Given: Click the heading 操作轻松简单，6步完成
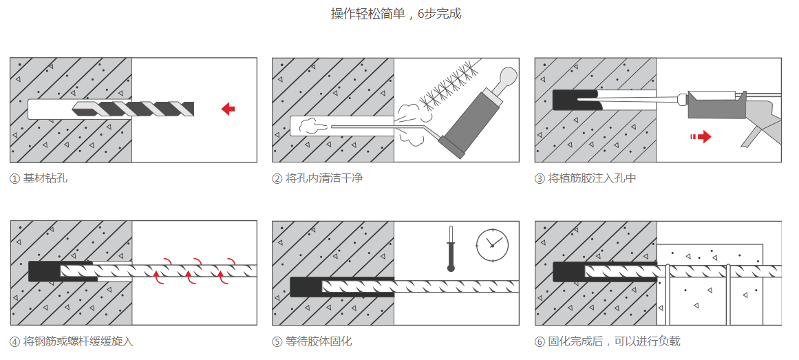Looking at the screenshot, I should pyautogui.click(x=396, y=14).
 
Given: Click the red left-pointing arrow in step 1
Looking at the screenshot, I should pyautogui.click(x=228, y=109).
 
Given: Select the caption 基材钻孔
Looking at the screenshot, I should pyautogui.click(x=45, y=178).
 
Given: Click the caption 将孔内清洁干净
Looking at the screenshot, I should pyautogui.click(x=324, y=178).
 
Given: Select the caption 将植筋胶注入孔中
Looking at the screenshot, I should pyautogui.click(x=592, y=178).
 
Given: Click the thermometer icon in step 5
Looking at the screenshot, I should pyautogui.click(x=451, y=248).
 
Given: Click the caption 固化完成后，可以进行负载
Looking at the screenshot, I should pyautogui.click(x=614, y=341).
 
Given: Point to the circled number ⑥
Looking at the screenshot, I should pyautogui.click(x=540, y=341).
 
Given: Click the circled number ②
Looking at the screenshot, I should pyautogui.click(x=277, y=178).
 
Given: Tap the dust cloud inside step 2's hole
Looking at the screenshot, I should pyautogui.click(x=311, y=126).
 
